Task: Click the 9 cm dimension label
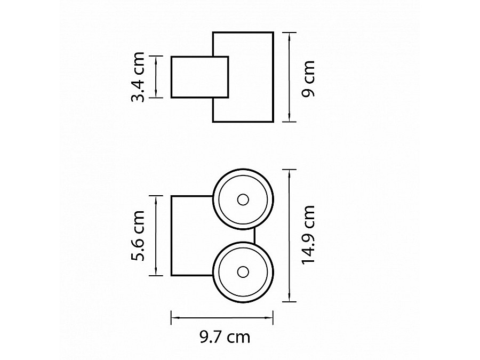point(308,78)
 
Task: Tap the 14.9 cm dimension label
point(308,235)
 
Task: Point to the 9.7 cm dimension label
point(224,337)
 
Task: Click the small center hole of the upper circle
point(243,200)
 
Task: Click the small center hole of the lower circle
point(243,271)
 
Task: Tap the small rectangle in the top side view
point(192,77)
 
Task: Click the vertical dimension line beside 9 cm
point(289,77)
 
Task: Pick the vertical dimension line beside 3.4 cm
point(156,77)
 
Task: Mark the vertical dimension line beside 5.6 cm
point(156,235)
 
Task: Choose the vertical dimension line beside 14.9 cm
point(289,236)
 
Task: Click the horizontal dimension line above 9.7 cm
point(222,318)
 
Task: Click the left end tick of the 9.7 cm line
point(171,318)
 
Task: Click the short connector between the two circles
point(254,236)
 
